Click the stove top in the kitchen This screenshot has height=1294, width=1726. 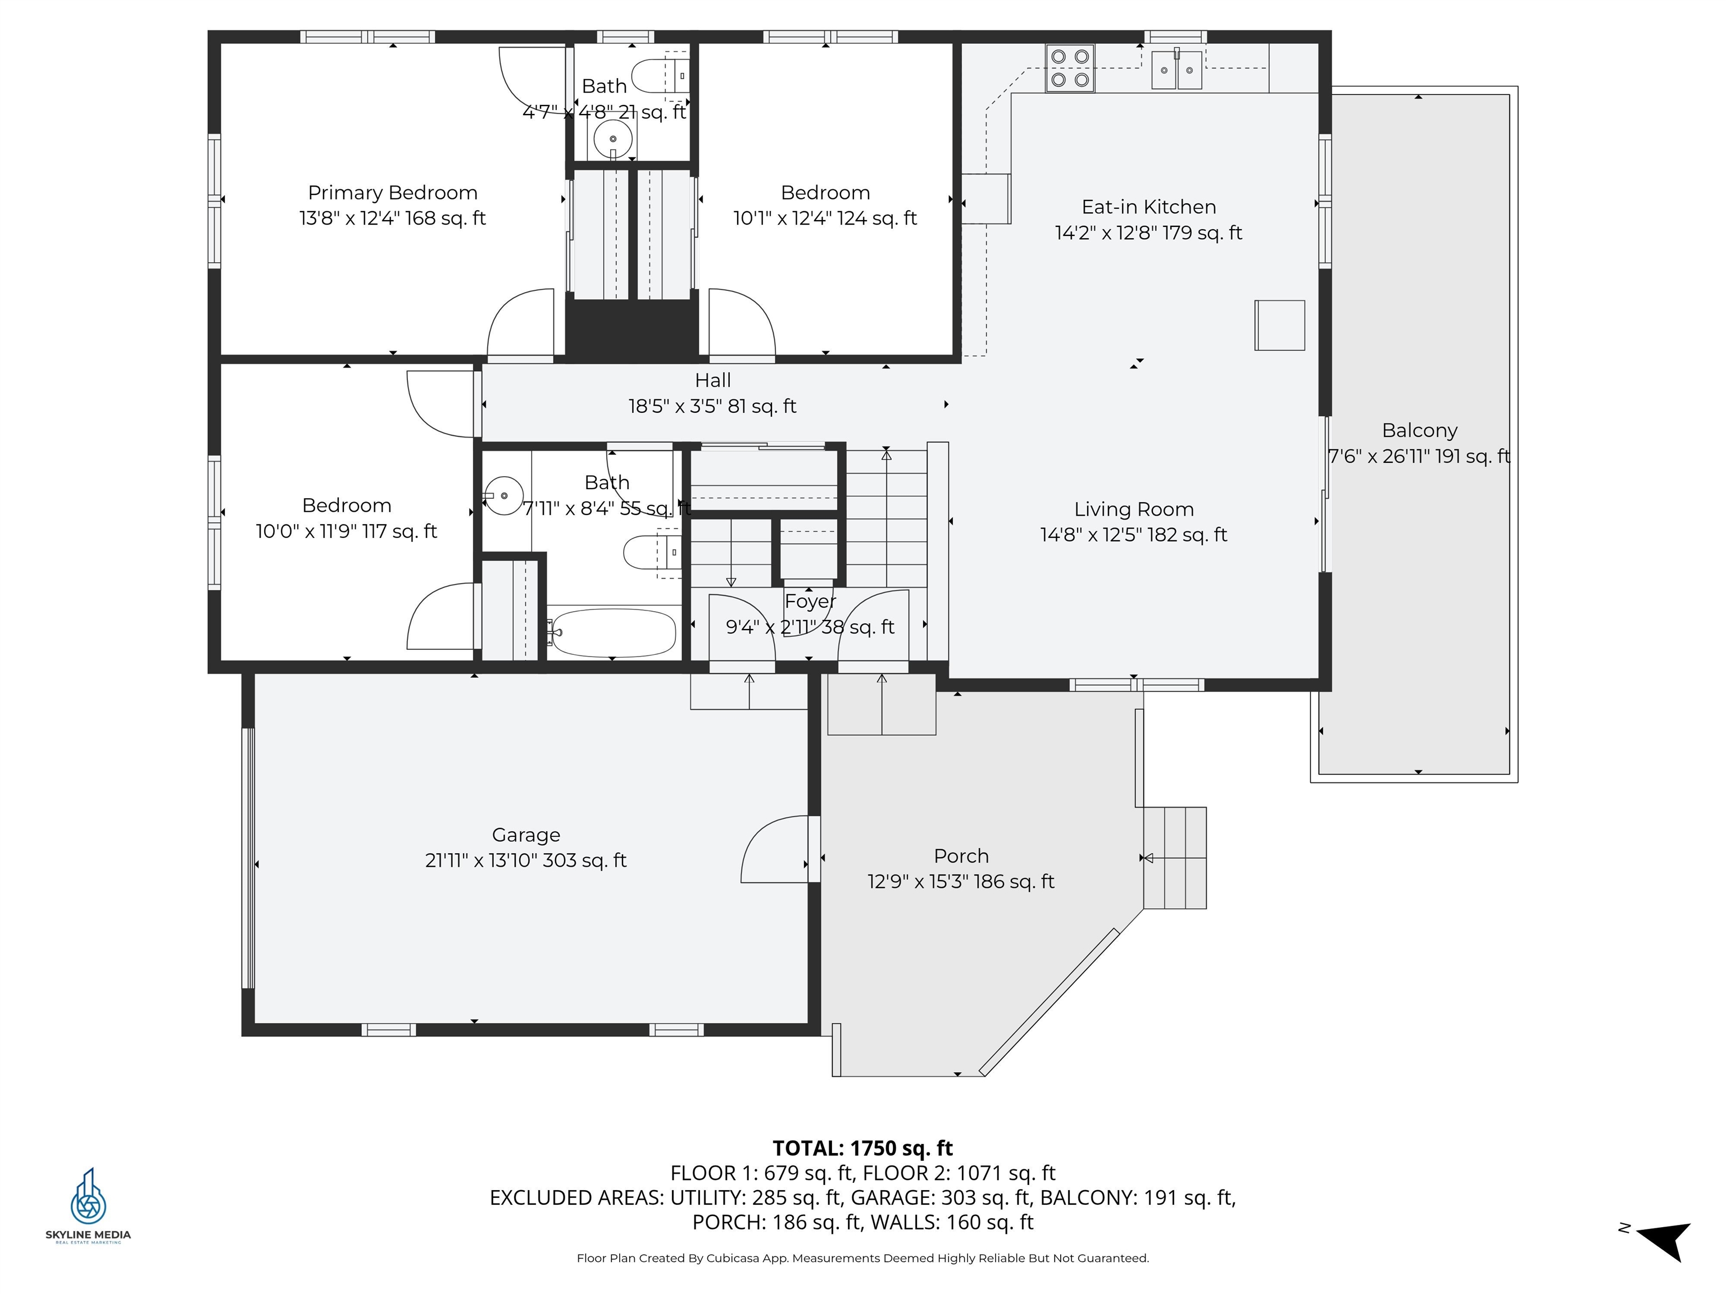click(1070, 68)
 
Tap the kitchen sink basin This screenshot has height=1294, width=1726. click(1177, 70)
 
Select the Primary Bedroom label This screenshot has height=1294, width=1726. click(393, 193)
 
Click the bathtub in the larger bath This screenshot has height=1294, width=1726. click(612, 632)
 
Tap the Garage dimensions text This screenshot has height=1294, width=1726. click(525, 860)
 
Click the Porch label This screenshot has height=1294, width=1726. click(961, 856)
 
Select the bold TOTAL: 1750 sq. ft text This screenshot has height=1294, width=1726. click(862, 1148)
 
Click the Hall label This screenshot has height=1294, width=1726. click(712, 381)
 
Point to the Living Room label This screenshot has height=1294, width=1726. click(1134, 509)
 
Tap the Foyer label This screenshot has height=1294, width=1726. click(810, 602)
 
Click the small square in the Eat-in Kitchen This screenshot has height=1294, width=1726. click(1279, 325)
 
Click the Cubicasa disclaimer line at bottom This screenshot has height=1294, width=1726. click(862, 1258)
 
